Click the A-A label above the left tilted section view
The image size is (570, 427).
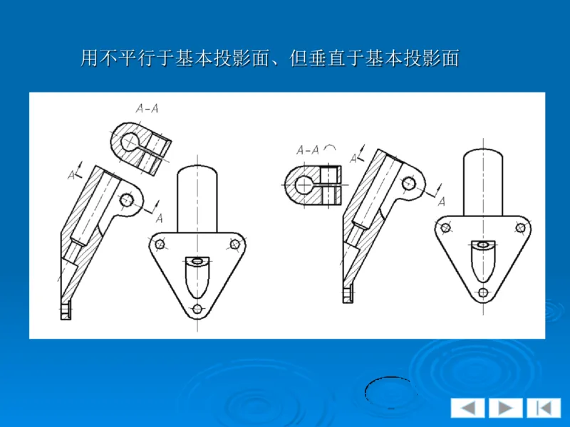(147, 109)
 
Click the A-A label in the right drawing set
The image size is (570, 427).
(308, 149)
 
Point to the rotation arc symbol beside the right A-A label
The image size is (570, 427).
(331, 148)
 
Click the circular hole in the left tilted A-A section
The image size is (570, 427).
(130, 142)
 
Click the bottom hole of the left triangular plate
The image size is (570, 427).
(197, 310)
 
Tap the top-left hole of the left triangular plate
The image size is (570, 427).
(160, 244)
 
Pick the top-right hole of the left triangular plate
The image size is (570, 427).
(234, 244)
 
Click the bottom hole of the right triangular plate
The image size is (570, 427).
(483, 292)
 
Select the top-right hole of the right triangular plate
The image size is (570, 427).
(521, 228)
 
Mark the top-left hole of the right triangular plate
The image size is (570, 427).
(446, 228)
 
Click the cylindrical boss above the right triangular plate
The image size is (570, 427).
(484, 181)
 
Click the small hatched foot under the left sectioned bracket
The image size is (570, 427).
(66, 310)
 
